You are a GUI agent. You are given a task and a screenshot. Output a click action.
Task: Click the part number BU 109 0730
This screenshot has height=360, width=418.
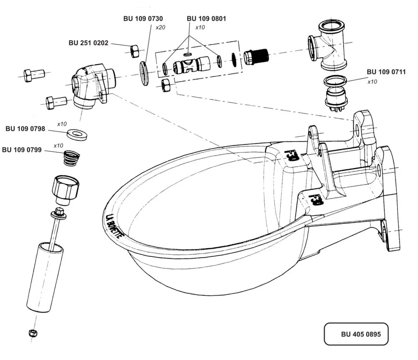(x=143, y=19)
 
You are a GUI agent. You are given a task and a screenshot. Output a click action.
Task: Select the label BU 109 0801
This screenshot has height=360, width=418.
(x=206, y=19)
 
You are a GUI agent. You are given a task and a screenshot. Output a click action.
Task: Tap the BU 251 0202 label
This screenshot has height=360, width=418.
(x=89, y=43)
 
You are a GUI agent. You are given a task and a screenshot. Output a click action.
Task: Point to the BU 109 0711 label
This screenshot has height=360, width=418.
(x=386, y=72)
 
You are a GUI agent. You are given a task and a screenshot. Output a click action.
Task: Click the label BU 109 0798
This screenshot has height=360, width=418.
(x=25, y=129)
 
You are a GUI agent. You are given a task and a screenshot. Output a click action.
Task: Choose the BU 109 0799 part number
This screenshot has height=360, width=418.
(x=22, y=150)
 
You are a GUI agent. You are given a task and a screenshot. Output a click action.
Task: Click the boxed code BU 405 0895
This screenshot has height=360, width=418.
(x=361, y=334)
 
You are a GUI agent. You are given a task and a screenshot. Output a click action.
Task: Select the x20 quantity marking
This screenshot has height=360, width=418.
(x=161, y=28)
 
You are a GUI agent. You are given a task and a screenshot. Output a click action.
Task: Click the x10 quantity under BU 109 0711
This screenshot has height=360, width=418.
(x=372, y=82)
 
